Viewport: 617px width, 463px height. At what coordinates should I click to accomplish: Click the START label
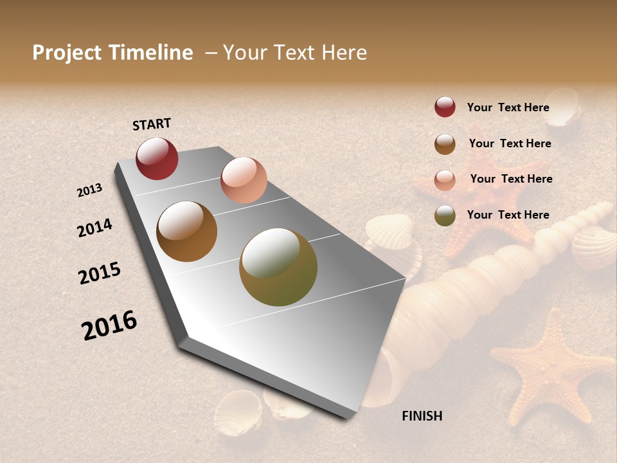coord(152,124)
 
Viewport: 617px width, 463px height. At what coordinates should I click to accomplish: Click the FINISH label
coord(422,416)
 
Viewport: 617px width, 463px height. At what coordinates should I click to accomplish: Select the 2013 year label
coord(90,190)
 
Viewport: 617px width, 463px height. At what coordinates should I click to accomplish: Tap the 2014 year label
coord(95,228)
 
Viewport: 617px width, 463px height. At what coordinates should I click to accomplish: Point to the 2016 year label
coord(109,325)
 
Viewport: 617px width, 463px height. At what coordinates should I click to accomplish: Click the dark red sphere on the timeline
coord(157,158)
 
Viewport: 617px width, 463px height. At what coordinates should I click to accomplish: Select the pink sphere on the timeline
coord(244,180)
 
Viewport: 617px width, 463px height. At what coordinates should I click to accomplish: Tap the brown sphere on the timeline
coord(186,232)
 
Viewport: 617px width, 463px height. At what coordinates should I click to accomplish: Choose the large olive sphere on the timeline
coord(278,267)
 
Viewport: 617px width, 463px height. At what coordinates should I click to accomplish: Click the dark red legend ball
coord(445,107)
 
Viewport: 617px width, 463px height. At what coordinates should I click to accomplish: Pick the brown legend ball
coord(445,143)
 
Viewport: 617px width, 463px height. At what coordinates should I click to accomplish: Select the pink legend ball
coord(445,179)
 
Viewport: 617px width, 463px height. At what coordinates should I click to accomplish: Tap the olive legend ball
coord(445,215)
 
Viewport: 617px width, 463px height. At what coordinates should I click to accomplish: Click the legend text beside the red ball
coord(508,107)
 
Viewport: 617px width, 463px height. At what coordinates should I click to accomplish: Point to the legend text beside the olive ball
coord(508,215)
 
